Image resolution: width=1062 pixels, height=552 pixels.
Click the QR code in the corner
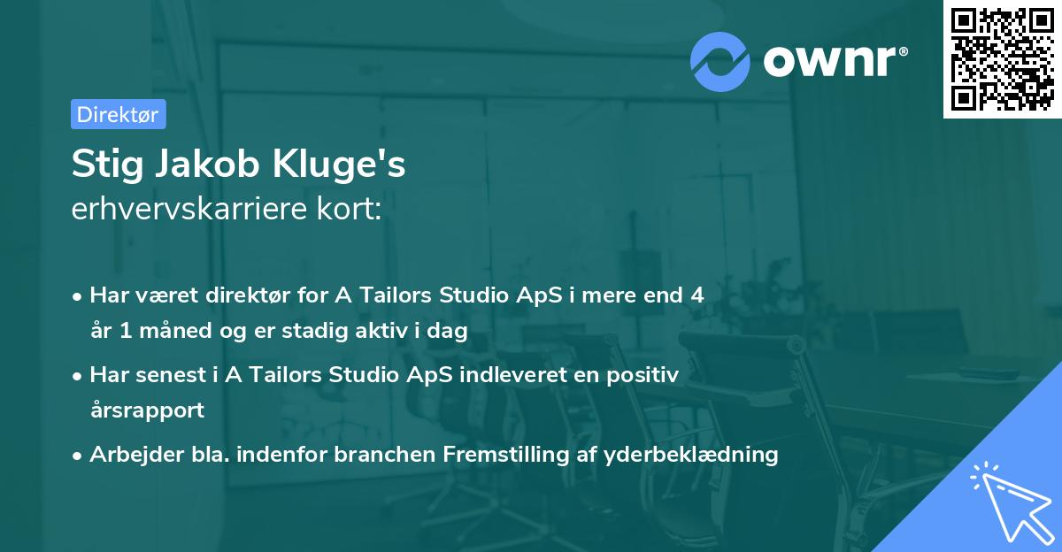(1002, 59)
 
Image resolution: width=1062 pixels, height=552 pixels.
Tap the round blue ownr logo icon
(720, 61)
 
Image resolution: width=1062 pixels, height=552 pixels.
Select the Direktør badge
(118, 114)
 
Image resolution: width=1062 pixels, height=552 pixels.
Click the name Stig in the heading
(103, 165)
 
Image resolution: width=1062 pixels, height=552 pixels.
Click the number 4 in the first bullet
(698, 295)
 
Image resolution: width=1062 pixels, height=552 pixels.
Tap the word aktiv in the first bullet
(385, 332)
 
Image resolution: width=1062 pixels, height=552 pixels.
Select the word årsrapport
(147, 410)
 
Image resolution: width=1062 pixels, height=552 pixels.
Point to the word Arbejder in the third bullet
(129, 455)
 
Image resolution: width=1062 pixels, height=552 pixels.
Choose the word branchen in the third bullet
(388, 455)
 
